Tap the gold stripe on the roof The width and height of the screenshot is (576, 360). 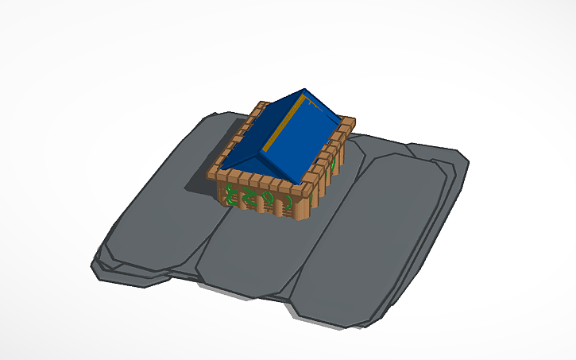tap(284, 125)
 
